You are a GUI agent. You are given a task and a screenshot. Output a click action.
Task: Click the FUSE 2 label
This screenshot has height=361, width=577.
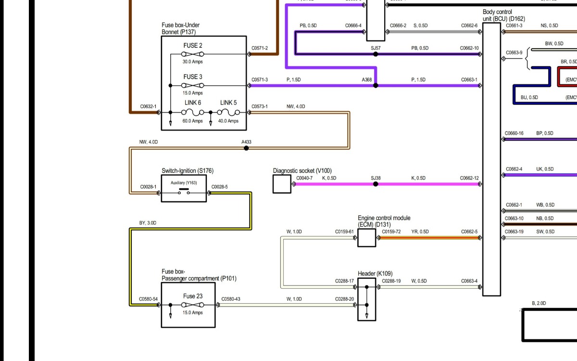tap(193, 46)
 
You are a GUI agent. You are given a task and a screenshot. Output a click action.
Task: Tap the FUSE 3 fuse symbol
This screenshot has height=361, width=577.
tap(193, 85)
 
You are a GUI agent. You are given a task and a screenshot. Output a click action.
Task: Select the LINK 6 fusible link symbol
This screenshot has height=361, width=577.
tap(193, 112)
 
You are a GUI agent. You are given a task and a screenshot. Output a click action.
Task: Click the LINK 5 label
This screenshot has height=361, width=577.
tap(228, 103)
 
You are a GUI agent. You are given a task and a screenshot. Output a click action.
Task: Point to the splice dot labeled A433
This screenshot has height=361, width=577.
tap(246, 148)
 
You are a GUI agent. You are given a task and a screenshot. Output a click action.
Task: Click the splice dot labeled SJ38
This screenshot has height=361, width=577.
tap(376, 184)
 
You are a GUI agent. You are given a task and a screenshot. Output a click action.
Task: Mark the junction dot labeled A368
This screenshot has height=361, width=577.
tap(376, 85)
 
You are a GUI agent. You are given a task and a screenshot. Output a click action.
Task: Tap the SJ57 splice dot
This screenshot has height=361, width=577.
tap(376, 54)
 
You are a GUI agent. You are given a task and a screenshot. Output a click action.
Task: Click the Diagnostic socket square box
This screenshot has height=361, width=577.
tap(282, 184)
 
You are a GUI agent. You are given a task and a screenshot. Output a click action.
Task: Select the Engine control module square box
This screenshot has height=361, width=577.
tap(366, 238)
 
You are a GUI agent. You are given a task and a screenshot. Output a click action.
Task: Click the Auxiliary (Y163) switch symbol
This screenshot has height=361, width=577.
tap(184, 193)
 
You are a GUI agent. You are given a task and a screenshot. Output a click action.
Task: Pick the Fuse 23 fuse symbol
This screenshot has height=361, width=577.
tap(192, 305)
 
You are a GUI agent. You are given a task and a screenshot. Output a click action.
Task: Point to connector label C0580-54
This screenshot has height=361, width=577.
tap(148, 299)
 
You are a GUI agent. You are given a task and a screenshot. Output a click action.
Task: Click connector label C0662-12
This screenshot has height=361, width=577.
tap(469, 179)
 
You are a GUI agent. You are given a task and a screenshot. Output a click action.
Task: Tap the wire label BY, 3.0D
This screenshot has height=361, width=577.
tap(148, 223)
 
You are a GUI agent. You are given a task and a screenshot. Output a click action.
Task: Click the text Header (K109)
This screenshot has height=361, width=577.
tap(375, 273)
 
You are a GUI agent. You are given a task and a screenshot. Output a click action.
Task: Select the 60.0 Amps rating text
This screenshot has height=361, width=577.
tap(192, 121)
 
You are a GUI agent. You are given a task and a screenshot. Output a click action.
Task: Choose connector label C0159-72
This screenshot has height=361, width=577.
tap(391, 232)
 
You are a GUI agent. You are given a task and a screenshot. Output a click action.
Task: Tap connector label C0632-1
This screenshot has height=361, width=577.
tap(148, 106)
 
